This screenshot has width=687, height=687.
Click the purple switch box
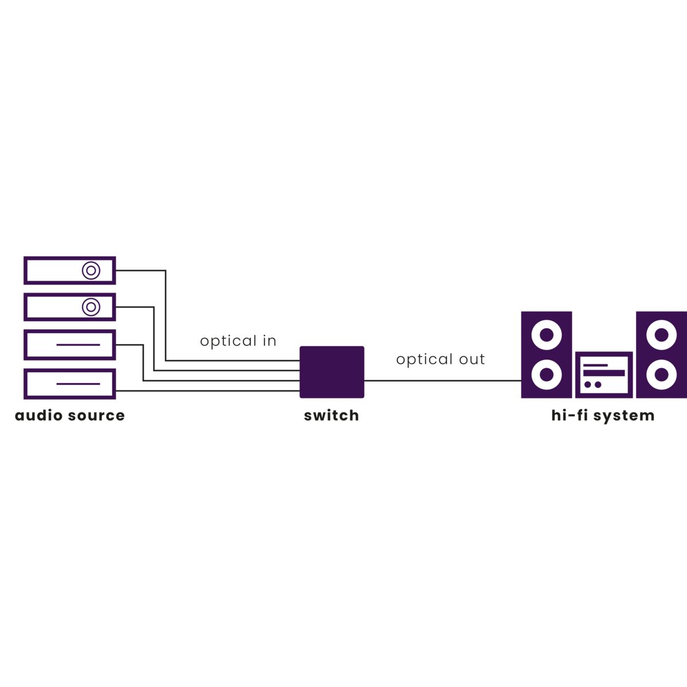332,372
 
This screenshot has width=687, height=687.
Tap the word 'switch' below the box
331,415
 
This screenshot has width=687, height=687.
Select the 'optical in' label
238,341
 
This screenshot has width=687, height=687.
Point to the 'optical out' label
440,360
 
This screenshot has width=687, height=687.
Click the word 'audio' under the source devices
39,415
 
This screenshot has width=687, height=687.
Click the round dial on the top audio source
91,270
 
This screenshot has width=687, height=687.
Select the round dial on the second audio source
91,307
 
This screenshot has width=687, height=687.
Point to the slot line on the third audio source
78,345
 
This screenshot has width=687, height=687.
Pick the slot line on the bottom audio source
78,384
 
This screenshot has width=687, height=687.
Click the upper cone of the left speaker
546,334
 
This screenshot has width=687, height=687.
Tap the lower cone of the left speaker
546,375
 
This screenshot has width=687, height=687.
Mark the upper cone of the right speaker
661,334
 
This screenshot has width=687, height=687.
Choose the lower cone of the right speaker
661,375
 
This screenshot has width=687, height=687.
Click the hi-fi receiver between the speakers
604,374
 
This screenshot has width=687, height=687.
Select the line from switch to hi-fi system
442,380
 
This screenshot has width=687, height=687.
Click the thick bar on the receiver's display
603,373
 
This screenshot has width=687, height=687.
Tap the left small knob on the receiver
587,385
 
